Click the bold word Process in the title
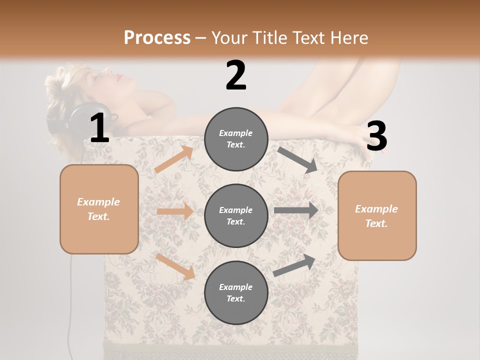click(x=157, y=38)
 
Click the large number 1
click(x=99, y=128)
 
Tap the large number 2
click(x=236, y=75)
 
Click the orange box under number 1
click(x=99, y=209)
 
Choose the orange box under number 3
click(x=377, y=215)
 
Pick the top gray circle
click(x=236, y=139)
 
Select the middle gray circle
click(x=236, y=215)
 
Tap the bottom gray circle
click(x=236, y=292)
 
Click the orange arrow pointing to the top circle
click(x=173, y=159)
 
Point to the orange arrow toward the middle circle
click(x=175, y=211)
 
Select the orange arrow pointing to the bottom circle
click(x=175, y=266)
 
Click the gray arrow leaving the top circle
click(x=297, y=159)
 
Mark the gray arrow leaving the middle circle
click(x=295, y=210)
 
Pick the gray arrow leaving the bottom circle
click(x=294, y=265)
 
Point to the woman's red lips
click(x=119, y=77)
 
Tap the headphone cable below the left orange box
click(x=70, y=300)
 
